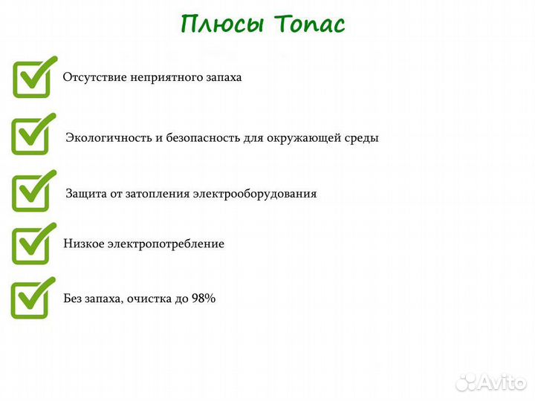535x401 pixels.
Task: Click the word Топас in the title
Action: pyautogui.click(x=311, y=24)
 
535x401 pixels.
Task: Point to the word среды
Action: pyautogui.click(x=362, y=138)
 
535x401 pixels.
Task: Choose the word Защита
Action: pyautogui.click(x=85, y=194)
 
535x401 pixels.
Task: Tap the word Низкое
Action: pyautogui.click(x=84, y=244)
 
